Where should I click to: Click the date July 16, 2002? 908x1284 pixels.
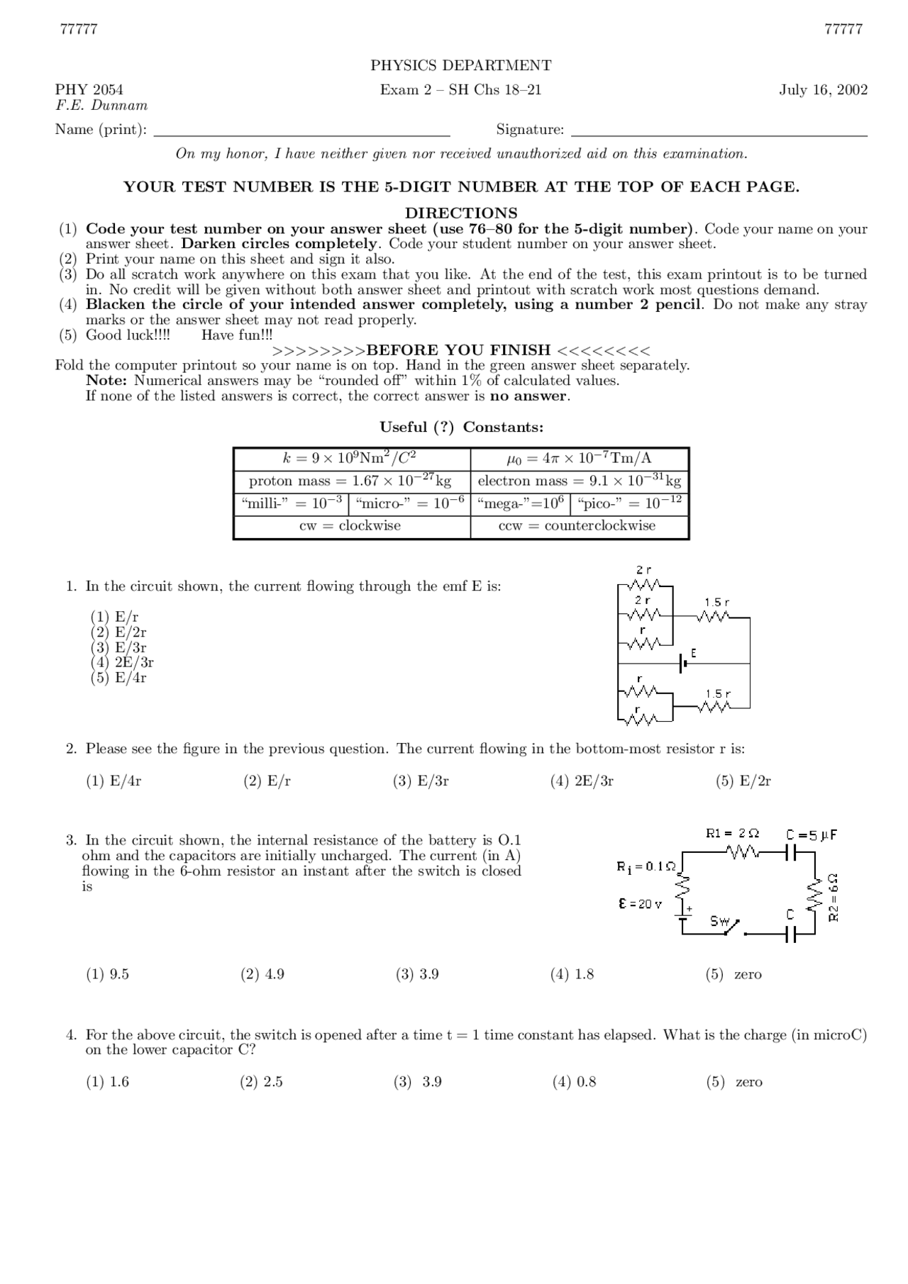coord(823,90)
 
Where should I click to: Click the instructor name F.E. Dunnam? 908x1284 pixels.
coord(101,106)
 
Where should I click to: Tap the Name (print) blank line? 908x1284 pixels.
coord(301,133)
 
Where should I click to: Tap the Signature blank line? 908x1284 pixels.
coord(719,133)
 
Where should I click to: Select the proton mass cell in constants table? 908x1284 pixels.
coord(350,481)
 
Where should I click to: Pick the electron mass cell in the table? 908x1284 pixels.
coord(579,481)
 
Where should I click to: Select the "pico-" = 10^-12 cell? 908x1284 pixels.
coord(629,504)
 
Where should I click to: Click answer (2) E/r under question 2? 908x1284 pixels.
coord(267,781)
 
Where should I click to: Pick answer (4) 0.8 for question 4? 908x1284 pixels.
coord(574,1083)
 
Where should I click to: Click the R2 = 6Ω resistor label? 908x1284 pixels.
coord(834,897)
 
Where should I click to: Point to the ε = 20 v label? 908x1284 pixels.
coord(640,905)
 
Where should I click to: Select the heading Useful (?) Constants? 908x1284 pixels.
coord(461,428)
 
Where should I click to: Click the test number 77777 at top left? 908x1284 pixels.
coord(79,30)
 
